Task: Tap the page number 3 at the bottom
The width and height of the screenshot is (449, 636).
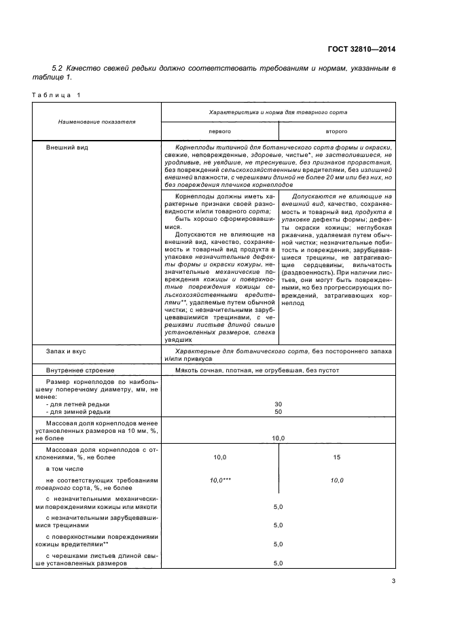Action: tap(393, 580)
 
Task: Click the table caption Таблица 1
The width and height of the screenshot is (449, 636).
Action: tap(56, 94)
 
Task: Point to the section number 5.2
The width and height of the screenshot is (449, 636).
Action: tap(57, 69)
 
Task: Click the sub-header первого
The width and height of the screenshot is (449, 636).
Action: tap(219, 130)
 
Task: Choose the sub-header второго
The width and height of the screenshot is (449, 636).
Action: tap(337, 130)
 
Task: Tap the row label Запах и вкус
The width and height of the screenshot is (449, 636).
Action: tap(65, 352)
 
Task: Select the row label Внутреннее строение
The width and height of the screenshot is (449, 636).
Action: tap(76, 370)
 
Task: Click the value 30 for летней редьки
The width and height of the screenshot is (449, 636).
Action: tap(278, 404)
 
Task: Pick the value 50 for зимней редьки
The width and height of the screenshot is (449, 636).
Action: tap(278, 412)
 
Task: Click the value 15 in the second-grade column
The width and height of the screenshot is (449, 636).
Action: tap(337, 457)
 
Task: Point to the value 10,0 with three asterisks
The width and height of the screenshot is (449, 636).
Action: tap(220, 480)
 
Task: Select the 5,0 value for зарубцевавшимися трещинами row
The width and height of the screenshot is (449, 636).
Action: tap(278, 525)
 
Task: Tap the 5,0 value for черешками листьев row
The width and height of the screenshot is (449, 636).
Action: tap(278, 563)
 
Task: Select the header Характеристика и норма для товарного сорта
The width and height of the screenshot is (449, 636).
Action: tap(278, 111)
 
